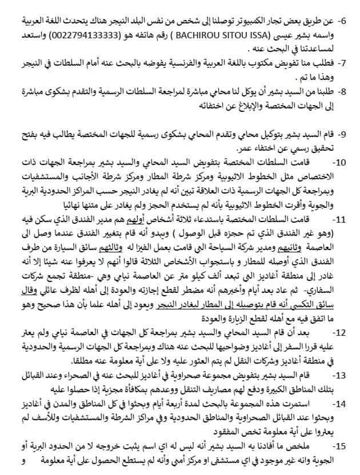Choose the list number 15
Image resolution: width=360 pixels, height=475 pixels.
(342, 446)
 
